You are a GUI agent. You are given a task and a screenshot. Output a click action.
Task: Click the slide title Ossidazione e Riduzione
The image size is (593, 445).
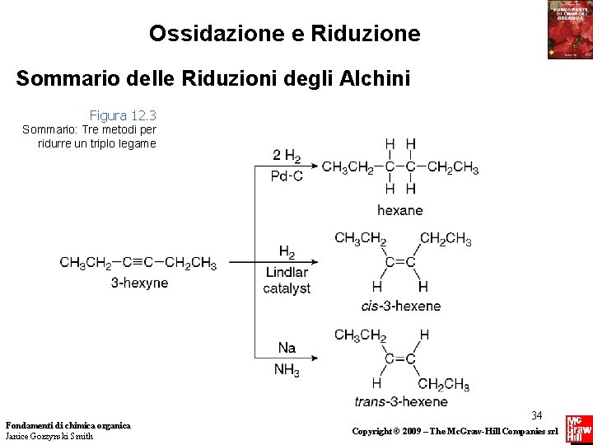(284, 34)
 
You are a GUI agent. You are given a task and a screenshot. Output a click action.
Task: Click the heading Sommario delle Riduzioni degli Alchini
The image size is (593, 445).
(212, 79)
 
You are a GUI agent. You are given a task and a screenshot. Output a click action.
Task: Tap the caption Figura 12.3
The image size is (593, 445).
(123, 115)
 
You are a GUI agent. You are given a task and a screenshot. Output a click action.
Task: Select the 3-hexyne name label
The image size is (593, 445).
(139, 283)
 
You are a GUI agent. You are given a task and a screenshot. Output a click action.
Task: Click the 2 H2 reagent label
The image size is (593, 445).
(286, 156)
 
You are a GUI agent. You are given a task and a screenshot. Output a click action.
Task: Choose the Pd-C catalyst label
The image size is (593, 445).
(286, 176)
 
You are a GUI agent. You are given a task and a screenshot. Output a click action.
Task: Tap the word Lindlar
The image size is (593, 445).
(287, 272)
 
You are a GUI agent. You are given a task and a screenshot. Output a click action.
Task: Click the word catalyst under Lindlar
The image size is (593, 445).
(287, 288)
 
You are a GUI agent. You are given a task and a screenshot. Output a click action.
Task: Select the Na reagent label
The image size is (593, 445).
(287, 348)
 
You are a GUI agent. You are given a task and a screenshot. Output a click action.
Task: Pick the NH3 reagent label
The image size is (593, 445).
(287, 369)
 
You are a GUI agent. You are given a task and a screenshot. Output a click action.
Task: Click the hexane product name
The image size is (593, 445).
(399, 210)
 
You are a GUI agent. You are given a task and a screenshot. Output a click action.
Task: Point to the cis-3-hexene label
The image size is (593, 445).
(400, 306)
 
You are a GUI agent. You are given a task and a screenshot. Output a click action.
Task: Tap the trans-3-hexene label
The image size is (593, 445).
(401, 401)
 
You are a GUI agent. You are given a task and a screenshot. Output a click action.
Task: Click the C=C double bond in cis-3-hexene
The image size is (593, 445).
(399, 263)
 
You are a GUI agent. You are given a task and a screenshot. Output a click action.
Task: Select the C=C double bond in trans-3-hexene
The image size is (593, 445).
(399, 358)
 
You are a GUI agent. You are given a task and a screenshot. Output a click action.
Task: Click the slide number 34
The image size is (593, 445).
(536, 415)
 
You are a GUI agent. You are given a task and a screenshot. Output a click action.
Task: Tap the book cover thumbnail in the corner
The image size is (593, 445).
(569, 30)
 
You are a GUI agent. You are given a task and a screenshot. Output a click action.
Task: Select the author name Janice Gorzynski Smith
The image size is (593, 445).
(49, 436)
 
